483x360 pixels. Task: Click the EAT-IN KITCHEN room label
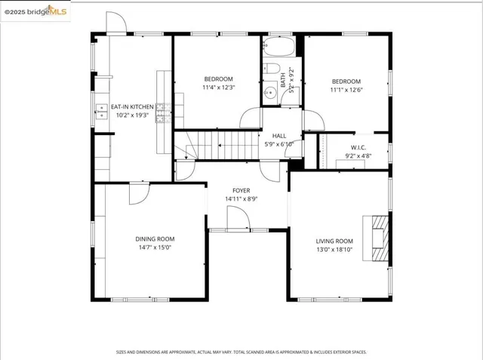132,107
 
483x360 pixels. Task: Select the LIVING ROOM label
334,242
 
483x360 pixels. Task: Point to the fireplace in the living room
378,238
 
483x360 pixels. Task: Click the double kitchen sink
100,112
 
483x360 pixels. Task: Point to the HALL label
279,135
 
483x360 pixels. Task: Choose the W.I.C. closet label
358,147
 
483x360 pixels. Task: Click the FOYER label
241,191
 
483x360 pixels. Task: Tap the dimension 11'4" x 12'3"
219,88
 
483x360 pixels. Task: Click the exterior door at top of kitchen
115,24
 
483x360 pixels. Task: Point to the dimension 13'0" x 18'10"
334,250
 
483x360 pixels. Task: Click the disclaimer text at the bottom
241,352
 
